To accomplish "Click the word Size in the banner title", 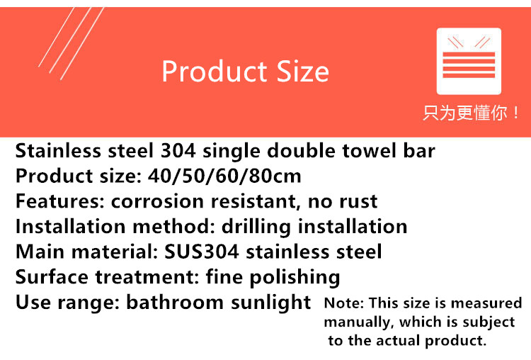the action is [303, 71].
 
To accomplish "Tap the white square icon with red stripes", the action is [469, 61].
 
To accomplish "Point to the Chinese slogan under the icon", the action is [471, 113].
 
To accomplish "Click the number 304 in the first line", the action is [178, 150].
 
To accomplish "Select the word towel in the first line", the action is [369, 150].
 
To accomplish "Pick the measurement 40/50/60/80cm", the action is [224, 176].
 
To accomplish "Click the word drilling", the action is [256, 227].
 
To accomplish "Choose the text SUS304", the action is [202, 252].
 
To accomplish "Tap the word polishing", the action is [295, 278].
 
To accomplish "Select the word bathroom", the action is [175, 302].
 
